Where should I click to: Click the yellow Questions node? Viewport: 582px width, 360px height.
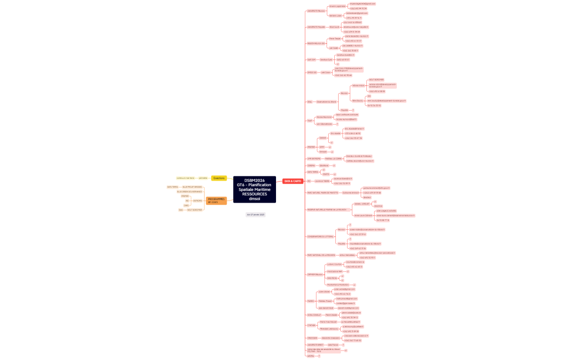pyautogui.click(x=219, y=178)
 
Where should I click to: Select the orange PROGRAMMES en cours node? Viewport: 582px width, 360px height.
pyautogui.click(x=216, y=200)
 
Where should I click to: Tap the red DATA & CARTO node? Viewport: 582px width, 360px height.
pyautogui.click(x=293, y=181)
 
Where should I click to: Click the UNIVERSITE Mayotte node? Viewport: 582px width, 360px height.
pyautogui.click(x=316, y=27)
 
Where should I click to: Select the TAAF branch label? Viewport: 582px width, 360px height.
pyautogui.click(x=310, y=120)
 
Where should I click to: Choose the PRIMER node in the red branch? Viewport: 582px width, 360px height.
pyautogui.click(x=311, y=147)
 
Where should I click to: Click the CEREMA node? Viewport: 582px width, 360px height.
pyautogui.click(x=311, y=165)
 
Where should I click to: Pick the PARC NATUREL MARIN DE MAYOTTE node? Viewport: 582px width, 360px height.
pyautogui.click(x=322, y=193)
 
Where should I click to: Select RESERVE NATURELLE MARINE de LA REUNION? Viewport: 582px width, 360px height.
pyautogui.click(x=327, y=209)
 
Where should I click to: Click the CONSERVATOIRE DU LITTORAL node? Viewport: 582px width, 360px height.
pyautogui.click(x=321, y=236)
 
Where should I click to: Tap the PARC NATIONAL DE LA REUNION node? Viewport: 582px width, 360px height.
pyautogui.click(x=321, y=255)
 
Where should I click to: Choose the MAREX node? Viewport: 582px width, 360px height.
pyautogui.click(x=310, y=301)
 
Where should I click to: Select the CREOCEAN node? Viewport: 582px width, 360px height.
pyautogui.click(x=312, y=338)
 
